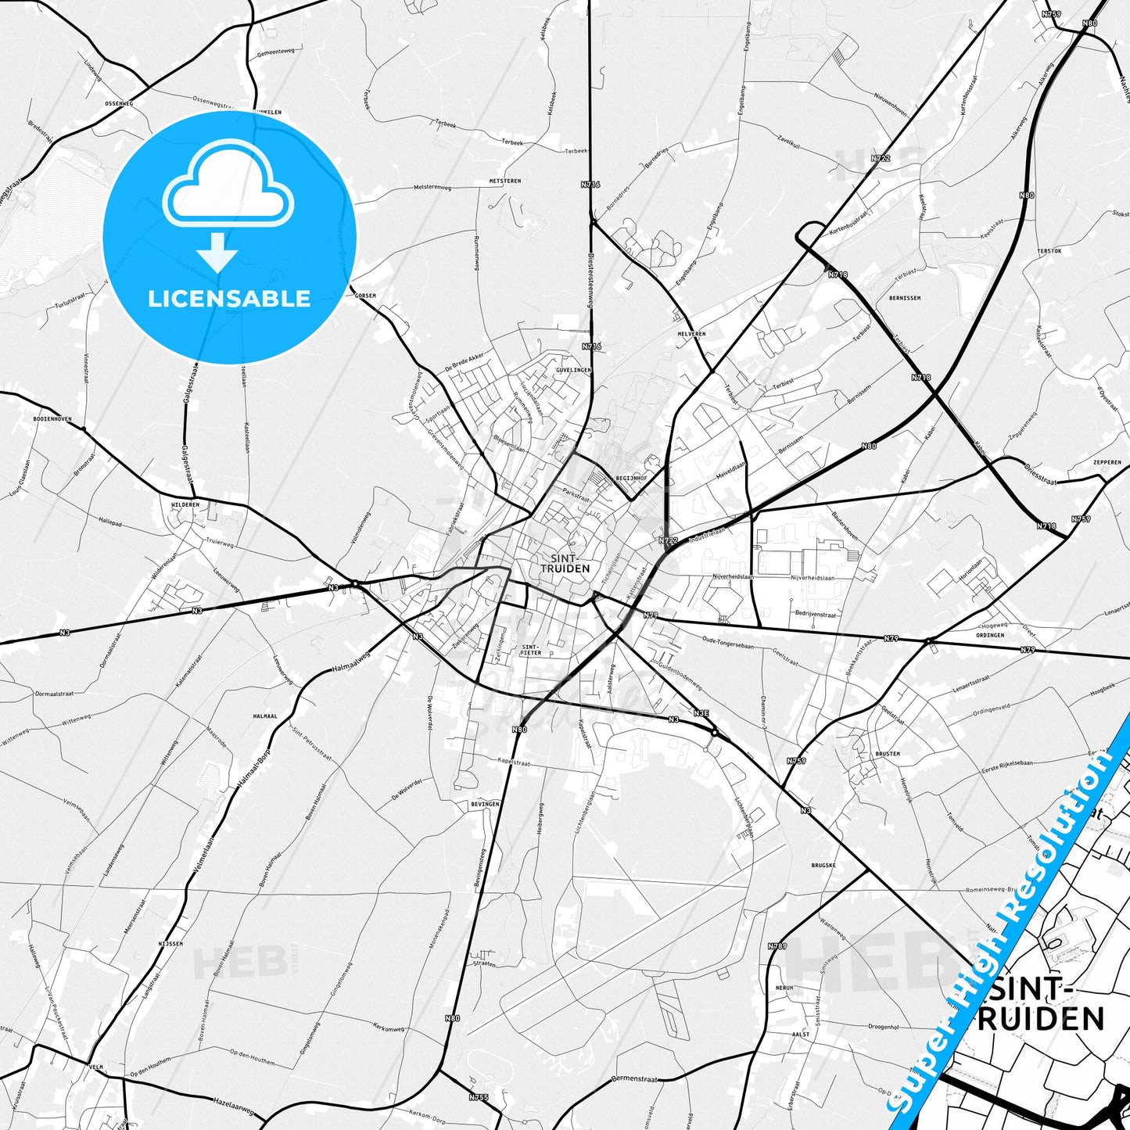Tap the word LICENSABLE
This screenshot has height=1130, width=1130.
[x=229, y=299]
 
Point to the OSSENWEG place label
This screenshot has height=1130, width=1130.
[x=119, y=103]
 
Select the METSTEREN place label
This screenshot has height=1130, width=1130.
[x=504, y=181]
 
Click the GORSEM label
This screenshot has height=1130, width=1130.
[x=365, y=296]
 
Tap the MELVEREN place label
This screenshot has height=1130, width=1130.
[x=691, y=334]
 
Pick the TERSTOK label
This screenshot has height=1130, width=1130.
[x=1049, y=251]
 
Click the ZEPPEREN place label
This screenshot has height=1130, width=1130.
[x=1107, y=462]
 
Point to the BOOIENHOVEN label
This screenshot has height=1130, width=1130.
[x=52, y=419]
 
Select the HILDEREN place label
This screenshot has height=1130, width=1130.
[x=185, y=504]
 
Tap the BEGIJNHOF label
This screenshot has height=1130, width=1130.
[x=631, y=477]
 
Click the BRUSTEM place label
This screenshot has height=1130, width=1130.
[x=888, y=754]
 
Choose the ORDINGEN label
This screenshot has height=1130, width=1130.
[x=990, y=635]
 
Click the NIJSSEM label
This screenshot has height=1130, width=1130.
[x=170, y=944]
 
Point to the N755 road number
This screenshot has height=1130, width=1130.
[x=479, y=1098]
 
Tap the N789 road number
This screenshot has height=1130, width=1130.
[x=777, y=946]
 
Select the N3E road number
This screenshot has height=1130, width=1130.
[x=701, y=712]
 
